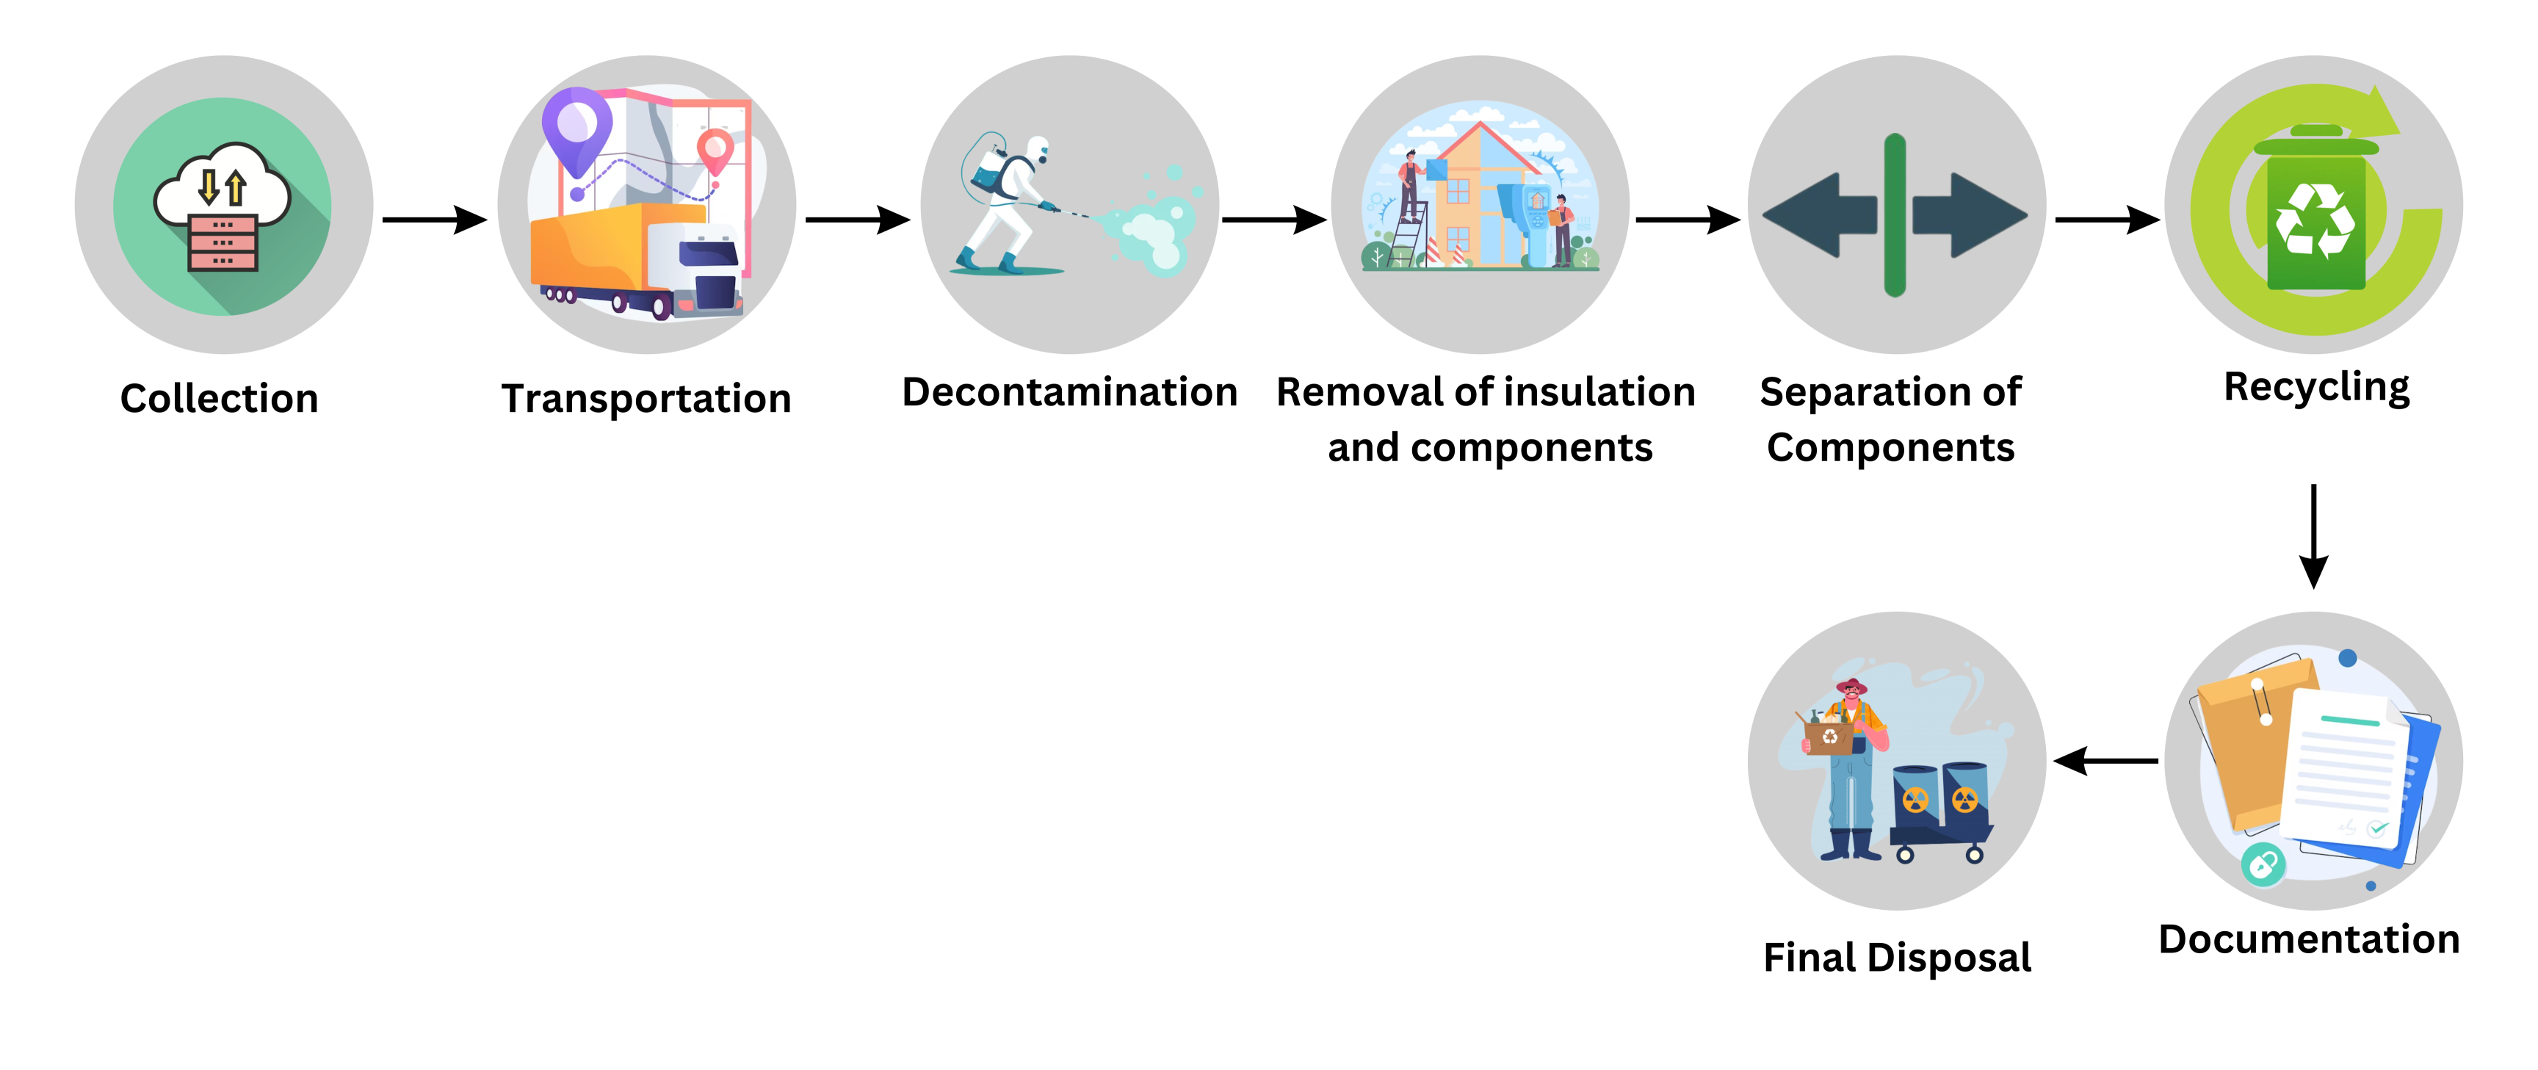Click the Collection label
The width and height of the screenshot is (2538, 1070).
[219, 399]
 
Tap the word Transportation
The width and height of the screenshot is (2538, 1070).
[646, 399]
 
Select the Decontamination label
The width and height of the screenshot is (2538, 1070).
[1069, 392]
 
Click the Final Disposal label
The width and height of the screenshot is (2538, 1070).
[1897, 958]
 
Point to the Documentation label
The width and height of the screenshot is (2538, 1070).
[2308, 939]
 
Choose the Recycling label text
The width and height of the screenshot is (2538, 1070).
[2316, 387]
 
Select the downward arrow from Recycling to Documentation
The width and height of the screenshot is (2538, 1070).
[2313, 536]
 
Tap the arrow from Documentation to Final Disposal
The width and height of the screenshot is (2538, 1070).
[2105, 761]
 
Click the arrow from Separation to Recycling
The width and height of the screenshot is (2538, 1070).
[2106, 219]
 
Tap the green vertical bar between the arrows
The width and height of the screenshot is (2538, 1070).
[1895, 214]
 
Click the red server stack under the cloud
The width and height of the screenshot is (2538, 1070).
[223, 242]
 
